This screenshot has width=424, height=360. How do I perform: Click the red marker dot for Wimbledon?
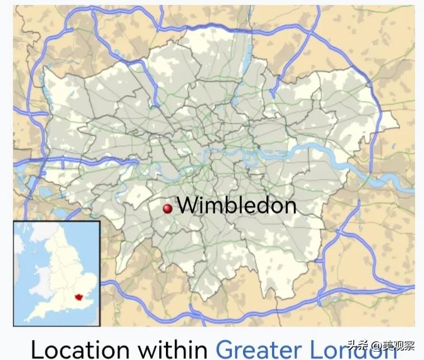click(167, 209)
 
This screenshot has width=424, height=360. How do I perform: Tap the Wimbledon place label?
click(236, 206)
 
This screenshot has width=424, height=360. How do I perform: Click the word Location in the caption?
click(82, 349)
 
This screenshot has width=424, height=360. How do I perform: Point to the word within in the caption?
click(174, 349)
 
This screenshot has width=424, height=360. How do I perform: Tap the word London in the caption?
click(346, 349)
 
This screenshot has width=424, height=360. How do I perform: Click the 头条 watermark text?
click(356, 345)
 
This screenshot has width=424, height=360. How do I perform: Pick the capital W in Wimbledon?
click(187, 206)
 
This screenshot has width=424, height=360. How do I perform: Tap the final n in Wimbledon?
click(289, 207)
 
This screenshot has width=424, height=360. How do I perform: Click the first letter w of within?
click(146, 350)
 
